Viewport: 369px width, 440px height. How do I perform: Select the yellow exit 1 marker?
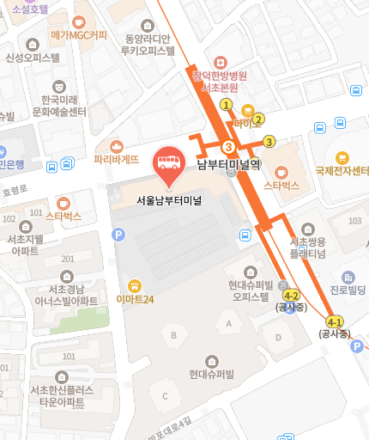tap(227, 105)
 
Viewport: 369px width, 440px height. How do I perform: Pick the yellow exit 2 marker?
tap(258, 119)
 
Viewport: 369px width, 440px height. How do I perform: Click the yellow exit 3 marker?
tap(269, 142)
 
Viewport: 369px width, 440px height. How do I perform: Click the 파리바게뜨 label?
tap(117, 159)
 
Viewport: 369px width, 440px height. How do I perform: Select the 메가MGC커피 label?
tap(79, 35)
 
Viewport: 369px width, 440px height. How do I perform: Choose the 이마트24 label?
tap(135, 299)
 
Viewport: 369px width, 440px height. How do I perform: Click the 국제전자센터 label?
tap(342, 169)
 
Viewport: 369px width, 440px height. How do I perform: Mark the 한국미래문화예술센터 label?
tap(59, 106)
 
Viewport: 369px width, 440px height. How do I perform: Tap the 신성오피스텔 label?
tap(33, 58)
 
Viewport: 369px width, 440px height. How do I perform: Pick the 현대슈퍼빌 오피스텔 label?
tap(250, 290)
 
